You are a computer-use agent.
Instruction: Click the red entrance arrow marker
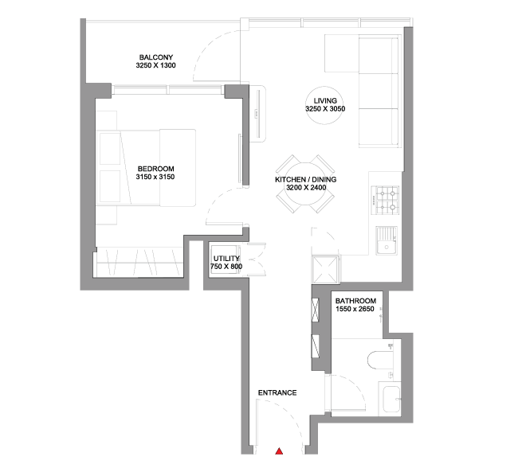click(279, 451)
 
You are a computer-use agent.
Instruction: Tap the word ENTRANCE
click(277, 393)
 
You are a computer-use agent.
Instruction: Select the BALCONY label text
click(155, 57)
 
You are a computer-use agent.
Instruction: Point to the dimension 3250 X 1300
click(155, 65)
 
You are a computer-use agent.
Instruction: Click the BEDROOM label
click(155, 169)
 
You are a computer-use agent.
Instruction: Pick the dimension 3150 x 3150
click(155, 177)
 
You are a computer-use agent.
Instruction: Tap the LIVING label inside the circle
click(325, 101)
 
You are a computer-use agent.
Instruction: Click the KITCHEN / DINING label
click(305, 180)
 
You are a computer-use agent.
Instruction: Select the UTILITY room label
click(226, 259)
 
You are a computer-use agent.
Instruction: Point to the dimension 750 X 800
click(226, 267)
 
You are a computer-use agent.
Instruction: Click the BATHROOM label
click(355, 301)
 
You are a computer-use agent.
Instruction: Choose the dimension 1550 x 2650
click(355, 309)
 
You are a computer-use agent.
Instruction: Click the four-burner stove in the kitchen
click(385, 200)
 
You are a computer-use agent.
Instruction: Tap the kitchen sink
click(387, 241)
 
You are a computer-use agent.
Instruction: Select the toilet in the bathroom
click(380, 360)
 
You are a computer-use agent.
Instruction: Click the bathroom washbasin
click(391, 399)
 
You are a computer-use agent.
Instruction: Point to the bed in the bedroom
click(146, 168)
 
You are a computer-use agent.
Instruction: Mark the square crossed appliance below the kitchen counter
click(325, 270)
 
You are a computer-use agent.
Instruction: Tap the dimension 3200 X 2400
click(306, 188)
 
